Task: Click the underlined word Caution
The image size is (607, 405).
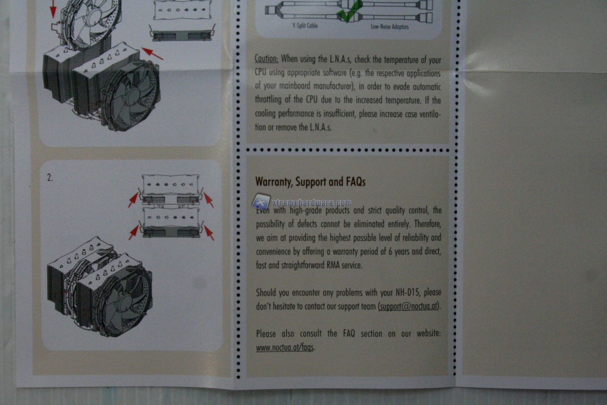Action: point(267,58)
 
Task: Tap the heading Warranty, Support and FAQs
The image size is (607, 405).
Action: point(310,181)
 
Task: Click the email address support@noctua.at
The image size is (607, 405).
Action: point(409,306)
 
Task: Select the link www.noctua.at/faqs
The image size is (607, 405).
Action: point(285,347)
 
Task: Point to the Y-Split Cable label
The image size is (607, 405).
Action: point(305,25)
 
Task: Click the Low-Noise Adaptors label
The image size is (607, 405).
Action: point(390,26)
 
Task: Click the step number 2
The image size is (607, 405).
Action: point(50,178)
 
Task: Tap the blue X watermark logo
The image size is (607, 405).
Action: point(261,202)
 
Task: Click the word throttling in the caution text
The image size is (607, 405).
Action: point(268,99)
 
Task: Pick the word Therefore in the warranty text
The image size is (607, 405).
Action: point(427,224)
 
